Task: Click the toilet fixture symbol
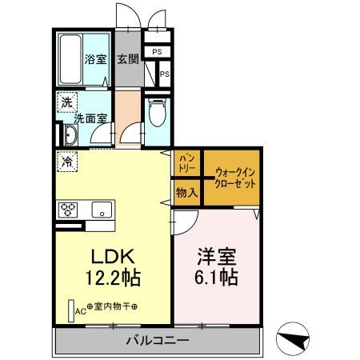pos(157,111)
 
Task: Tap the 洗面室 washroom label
pos(90,118)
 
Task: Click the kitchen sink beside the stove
pos(102,210)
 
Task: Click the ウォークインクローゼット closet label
pos(235,175)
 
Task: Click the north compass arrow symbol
pos(294,339)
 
